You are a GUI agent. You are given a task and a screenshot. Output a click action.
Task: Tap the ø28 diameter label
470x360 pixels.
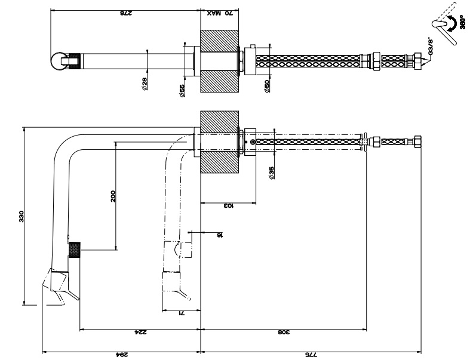point(145,85)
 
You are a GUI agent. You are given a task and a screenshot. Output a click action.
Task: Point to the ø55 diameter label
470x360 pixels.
point(182,89)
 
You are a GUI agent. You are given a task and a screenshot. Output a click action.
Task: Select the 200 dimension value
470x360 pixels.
point(113,196)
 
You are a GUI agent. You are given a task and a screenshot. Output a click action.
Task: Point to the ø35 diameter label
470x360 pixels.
point(271,173)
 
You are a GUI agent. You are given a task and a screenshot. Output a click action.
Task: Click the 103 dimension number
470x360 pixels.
point(228,206)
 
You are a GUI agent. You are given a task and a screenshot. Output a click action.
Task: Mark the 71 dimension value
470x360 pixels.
point(183,313)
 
